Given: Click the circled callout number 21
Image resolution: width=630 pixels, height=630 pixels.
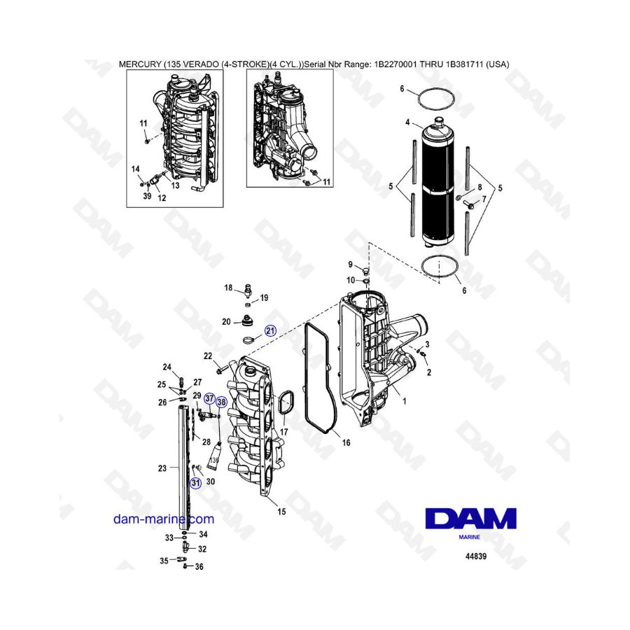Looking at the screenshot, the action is click(270, 330).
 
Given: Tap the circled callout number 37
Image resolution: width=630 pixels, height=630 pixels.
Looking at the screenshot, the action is click(209, 398).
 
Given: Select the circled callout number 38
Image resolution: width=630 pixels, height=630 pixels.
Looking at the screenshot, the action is click(221, 402).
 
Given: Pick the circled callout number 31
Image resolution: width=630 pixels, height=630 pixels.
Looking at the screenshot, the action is click(196, 482).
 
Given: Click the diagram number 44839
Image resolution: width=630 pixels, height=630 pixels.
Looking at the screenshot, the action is click(476, 556).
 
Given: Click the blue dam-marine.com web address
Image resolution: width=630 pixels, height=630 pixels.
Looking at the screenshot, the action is click(164, 519).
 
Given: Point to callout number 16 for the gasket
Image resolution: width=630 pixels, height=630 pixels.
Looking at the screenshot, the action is click(346, 442).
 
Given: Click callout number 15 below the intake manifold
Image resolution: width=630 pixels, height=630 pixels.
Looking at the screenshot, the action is click(281, 512).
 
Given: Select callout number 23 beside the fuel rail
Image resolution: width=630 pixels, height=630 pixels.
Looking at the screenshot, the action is click(162, 468).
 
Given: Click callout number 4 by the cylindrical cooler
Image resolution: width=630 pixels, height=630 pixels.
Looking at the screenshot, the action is click(407, 122).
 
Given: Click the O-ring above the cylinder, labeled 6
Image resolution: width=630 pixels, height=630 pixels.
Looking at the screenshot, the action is click(436, 99).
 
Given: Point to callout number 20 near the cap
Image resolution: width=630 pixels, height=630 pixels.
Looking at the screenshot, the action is click(226, 322).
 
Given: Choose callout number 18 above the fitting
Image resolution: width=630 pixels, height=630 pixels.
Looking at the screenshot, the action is click(228, 288).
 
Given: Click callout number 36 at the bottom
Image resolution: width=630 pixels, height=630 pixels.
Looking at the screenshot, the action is click(199, 567).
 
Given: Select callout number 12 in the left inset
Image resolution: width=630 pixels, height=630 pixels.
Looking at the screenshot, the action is click(162, 197).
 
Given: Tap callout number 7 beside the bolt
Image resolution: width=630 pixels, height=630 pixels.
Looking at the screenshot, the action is click(484, 199).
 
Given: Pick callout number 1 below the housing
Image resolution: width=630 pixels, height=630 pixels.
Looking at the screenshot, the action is click(404, 401).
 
